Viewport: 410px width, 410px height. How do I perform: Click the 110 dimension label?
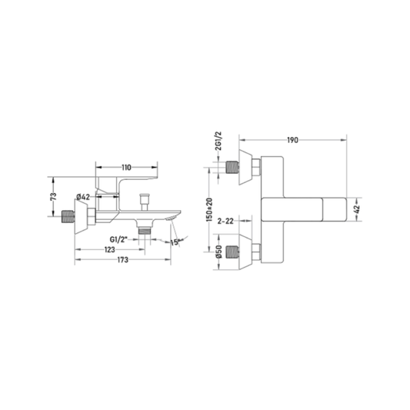click(126, 168)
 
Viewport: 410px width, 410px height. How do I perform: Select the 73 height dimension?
click(53, 196)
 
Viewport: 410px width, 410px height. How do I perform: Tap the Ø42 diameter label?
click(83, 197)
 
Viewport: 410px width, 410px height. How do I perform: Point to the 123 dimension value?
click(109, 250)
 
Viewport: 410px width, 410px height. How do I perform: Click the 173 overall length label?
click(122, 260)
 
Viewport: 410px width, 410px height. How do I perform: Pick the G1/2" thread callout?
click(118, 239)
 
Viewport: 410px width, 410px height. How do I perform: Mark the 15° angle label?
click(175, 242)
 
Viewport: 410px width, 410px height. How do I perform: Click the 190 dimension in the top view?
click(292, 140)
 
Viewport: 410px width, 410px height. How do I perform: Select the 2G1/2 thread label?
click(218, 141)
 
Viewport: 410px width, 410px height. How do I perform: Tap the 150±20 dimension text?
click(209, 210)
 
